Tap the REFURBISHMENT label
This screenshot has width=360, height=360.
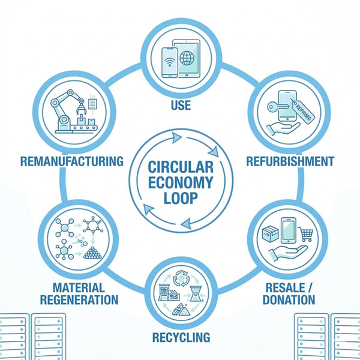(290, 161)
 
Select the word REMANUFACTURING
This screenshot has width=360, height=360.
(71, 161)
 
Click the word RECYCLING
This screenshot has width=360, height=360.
(180, 337)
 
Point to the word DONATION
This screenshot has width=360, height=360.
(290, 299)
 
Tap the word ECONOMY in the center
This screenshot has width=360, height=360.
(179, 181)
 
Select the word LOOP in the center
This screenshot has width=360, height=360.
(179, 198)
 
